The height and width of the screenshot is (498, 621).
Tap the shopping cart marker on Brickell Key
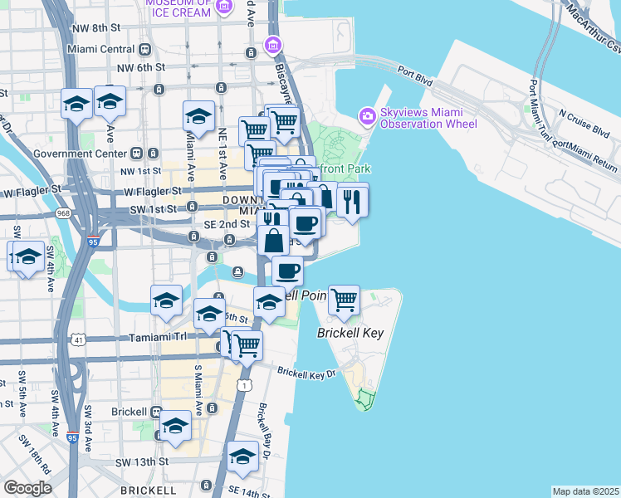pyautogui.click(x=344, y=300)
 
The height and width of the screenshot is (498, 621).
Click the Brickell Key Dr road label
pyautogui.click(x=306, y=373)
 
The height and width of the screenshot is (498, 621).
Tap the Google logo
pyautogui.click(x=27, y=488)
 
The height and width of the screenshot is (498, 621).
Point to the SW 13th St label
pyautogui.click(x=141, y=461)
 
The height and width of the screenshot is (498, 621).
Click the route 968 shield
pyautogui.click(x=63, y=213)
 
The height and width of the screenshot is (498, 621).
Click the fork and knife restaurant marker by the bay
pyautogui.click(x=353, y=200)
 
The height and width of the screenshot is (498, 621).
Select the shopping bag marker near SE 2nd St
pyautogui.click(x=273, y=241)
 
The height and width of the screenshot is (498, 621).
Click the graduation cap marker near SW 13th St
pyautogui.click(x=242, y=456)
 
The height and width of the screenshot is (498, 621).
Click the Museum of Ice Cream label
pyautogui.click(x=178, y=8)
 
